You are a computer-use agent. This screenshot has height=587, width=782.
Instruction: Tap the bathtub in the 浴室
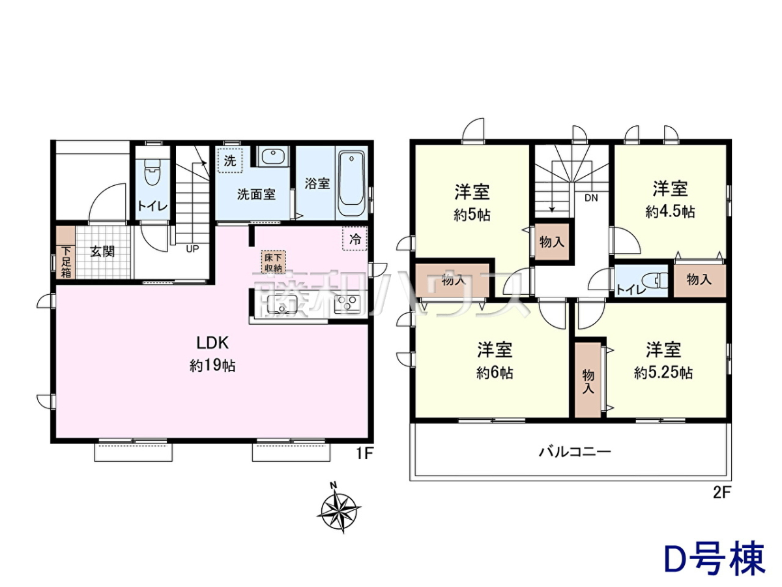click(x=351, y=183)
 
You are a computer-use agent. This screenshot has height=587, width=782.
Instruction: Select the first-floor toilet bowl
click(x=152, y=172)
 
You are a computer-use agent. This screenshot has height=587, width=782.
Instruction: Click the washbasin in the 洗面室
click(x=273, y=156)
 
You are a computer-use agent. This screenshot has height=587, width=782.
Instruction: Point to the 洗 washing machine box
click(x=230, y=160)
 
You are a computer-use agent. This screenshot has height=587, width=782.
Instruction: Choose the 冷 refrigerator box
click(x=355, y=239)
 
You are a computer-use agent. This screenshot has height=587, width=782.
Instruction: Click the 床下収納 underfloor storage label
click(x=273, y=262)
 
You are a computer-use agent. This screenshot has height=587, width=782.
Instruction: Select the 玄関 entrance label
click(x=102, y=252)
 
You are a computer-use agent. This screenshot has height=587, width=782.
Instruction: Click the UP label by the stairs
click(x=192, y=248)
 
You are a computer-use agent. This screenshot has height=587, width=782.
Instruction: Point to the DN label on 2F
click(x=591, y=198)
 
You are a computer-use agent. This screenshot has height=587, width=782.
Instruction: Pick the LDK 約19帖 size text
click(x=212, y=366)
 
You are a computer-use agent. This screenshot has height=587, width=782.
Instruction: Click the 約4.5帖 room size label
click(x=670, y=213)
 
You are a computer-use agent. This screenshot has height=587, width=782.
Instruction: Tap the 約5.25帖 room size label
click(x=663, y=373)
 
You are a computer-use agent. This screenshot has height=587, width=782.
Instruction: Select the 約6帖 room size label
click(x=495, y=373)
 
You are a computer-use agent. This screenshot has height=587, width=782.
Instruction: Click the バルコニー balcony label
click(x=575, y=452)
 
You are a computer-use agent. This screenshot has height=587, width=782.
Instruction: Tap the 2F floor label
click(x=721, y=492)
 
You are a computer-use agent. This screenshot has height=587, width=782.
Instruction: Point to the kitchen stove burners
click(x=347, y=305)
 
